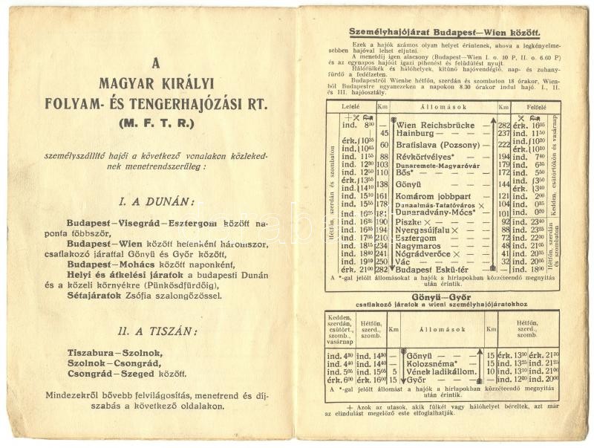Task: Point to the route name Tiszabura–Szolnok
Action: (x=118, y=353)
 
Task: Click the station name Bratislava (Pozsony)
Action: (x=439, y=145)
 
